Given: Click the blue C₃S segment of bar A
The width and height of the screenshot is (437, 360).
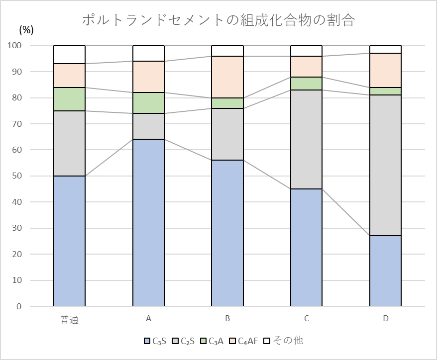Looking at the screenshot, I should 148,223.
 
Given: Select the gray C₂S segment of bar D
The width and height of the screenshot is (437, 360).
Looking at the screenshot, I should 385,165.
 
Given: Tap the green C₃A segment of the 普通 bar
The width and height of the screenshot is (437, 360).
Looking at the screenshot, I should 69,99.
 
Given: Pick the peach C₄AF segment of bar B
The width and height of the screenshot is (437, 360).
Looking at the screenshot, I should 227,77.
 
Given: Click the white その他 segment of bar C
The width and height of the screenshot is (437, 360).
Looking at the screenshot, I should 306,51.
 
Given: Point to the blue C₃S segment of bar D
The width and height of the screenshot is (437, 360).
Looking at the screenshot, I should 385,271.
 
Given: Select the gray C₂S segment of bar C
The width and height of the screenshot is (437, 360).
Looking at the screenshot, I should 306,139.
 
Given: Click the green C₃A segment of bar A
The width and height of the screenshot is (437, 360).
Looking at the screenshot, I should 148,103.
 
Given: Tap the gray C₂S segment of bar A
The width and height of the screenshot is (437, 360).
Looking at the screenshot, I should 148,126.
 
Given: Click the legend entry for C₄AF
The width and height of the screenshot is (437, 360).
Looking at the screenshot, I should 243,341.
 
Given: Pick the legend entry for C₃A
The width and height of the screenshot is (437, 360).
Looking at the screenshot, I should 212,341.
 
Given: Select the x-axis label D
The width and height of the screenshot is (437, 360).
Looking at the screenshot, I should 385,319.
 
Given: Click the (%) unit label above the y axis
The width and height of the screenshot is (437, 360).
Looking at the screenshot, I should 26,30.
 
